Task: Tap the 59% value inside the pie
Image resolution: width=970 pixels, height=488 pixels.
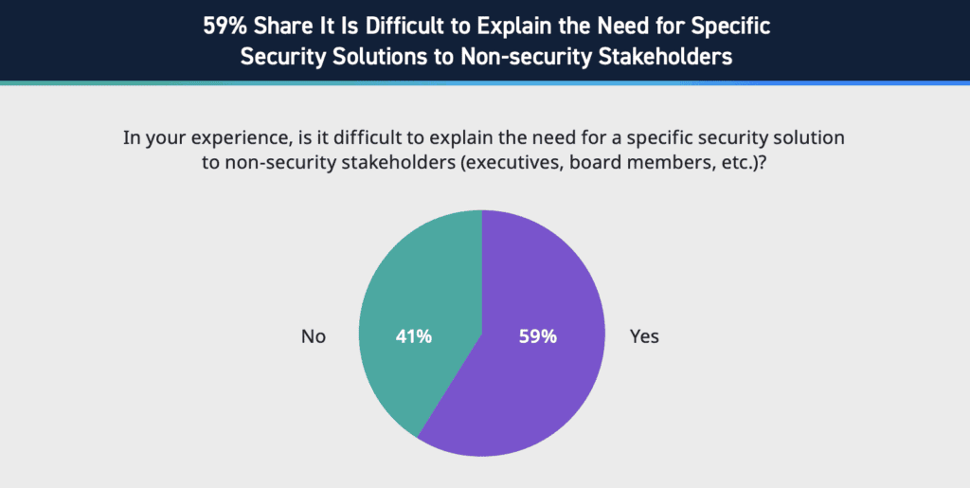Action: click(537, 336)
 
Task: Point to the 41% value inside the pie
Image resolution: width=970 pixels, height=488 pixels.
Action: click(413, 336)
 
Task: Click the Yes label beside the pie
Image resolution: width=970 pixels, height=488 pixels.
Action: click(644, 336)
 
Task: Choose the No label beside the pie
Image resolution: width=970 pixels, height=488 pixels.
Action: click(314, 336)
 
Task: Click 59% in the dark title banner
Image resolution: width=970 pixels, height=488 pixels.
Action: click(225, 26)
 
